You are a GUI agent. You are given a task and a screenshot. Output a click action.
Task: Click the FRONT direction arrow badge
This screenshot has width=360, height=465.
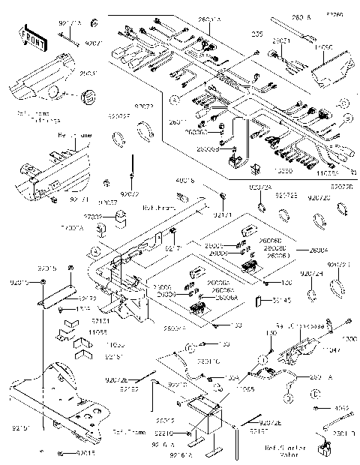[28, 37]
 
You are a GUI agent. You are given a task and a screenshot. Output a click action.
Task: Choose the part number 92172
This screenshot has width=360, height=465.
[88, 298]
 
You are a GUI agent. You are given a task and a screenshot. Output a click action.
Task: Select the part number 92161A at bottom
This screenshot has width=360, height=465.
[181, 454]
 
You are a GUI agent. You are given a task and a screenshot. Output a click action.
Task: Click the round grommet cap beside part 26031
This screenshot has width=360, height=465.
[88, 96]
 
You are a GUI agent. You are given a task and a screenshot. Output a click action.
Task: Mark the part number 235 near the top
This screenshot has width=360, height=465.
[257, 34]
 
